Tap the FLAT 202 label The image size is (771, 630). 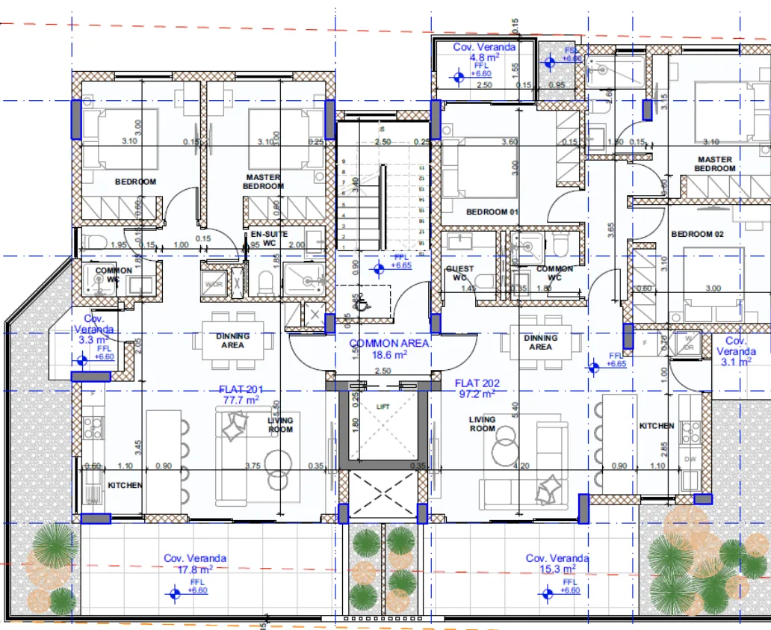pyautogui.click(x=478, y=389)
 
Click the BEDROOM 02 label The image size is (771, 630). pyautogui.click(x=697, y=234)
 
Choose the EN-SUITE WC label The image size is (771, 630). pyautogui.click(x=268, y=238)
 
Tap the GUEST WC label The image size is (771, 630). pyautogui.click(x=459, y=274)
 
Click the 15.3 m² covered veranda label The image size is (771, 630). pyautogui.click(x=557, y=563)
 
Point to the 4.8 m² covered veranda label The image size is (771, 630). pyautogui.click(x=483, y=52)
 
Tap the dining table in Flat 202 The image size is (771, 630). pyautogui.click(x=540, y=342)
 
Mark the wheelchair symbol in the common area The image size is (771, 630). pyautogui.click(x=362, y=303)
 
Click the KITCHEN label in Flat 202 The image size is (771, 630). pyautogui.click(x=657, y=426)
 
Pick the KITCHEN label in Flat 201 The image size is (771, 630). pyautogui.click(x=125, y=485)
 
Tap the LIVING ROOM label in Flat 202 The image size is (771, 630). pyautogui.click(x=482, y=424)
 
